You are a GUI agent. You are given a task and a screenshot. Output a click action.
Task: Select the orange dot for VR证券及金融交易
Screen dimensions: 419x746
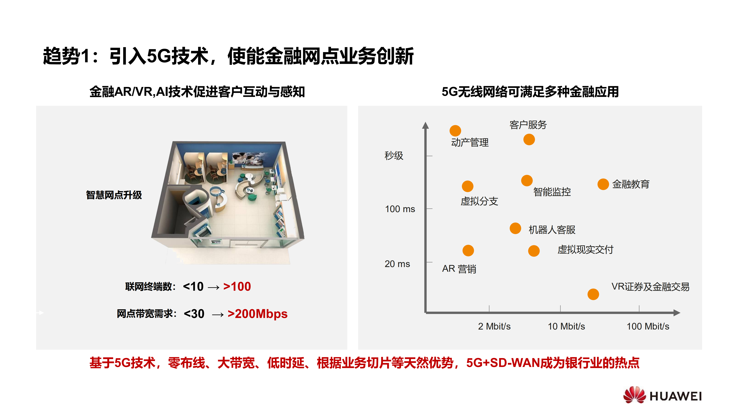pos(593,294)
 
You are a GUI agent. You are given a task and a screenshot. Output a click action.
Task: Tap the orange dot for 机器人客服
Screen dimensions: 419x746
pos(515,228)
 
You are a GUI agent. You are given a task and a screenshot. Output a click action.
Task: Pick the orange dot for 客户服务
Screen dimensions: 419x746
pos(529,140)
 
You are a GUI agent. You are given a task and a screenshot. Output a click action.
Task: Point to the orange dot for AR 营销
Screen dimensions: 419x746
pos(468,251)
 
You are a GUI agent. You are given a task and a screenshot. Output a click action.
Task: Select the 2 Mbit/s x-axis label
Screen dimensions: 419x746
pos(494,326)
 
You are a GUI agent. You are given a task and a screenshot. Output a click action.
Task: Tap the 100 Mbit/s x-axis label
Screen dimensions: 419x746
pos(648,326)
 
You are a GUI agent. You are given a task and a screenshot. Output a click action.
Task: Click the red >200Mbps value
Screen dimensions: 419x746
pos(258,314)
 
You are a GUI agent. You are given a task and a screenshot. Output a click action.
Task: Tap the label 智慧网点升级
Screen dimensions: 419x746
pos(114,195)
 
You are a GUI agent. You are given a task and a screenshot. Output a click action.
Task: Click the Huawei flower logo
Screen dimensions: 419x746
pos(634,395)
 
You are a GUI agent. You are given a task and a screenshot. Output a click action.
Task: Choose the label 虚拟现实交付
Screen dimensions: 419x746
pos(585,249)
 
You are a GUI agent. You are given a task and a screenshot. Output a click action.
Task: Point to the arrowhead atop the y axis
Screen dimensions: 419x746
pos(425,125)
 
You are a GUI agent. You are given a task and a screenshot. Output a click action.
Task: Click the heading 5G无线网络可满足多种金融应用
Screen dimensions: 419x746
pos(530,92)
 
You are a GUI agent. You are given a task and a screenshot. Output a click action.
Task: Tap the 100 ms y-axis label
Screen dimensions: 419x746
pos(400,209)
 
